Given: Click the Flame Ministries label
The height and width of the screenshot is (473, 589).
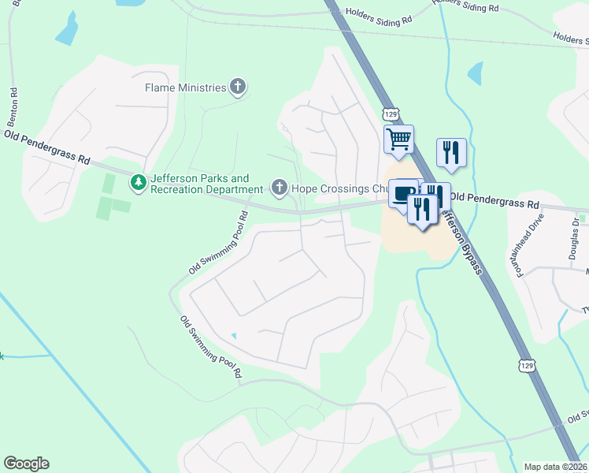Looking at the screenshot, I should pyautogui.click(x=185, y=88).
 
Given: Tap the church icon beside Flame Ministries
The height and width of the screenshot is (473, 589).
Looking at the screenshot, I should pyautogui.click(x=239, y=88).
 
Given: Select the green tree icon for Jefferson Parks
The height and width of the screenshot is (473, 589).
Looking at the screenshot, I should pyautogui.click(x=139, y=184).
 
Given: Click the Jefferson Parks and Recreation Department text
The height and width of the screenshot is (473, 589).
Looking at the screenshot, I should pyautogui.click(x=206, y=184).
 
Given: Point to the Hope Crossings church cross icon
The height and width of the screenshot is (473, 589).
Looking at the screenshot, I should pyautogui.click(x=278, y=188).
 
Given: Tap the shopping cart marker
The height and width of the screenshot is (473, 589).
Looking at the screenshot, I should pyautogui.click(x=398, y=140).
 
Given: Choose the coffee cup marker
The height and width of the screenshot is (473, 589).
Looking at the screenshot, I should pyautogui.click(x=403, y=194).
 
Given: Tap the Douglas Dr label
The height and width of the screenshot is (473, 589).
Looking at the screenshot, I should pyautogui.click(x=574, y=237).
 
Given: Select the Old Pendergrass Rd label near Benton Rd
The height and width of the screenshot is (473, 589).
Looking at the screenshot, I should pyautogui.click(x=46, y=147).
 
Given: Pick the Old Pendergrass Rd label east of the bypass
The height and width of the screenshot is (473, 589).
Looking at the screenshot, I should pyautogui.click(x=494, y=201).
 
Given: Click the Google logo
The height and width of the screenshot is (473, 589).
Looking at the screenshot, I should pyautogui.click(x=26, y=463).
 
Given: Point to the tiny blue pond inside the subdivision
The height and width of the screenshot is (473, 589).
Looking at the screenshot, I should pyautogui.click(x=233, y=337).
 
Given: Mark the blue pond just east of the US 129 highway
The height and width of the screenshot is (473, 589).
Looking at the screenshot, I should pyautogui.click(x=475, y=74).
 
